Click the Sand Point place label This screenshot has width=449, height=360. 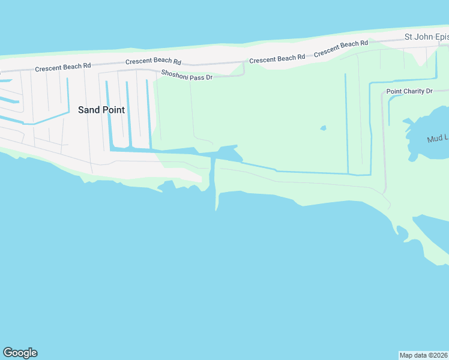click(101, 110)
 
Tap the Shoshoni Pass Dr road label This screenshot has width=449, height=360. click(187, 75)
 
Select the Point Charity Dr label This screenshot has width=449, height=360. click(409, 91)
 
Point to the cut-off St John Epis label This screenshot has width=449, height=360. click(426, 37)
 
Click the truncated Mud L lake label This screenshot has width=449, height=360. click(438, 139)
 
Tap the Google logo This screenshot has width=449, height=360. click(20, 353)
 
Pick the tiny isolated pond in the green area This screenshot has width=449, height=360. click(324, 128)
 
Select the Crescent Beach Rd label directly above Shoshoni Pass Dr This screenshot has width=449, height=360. click(153, 62)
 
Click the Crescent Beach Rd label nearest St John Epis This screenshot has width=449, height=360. click(341, 48)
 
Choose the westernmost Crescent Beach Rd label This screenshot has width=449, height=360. click(62, 68)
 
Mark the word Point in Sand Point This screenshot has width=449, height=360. click(113, 110)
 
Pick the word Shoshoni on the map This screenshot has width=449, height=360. click(172, 73)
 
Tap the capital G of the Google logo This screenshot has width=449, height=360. click(8, 353)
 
